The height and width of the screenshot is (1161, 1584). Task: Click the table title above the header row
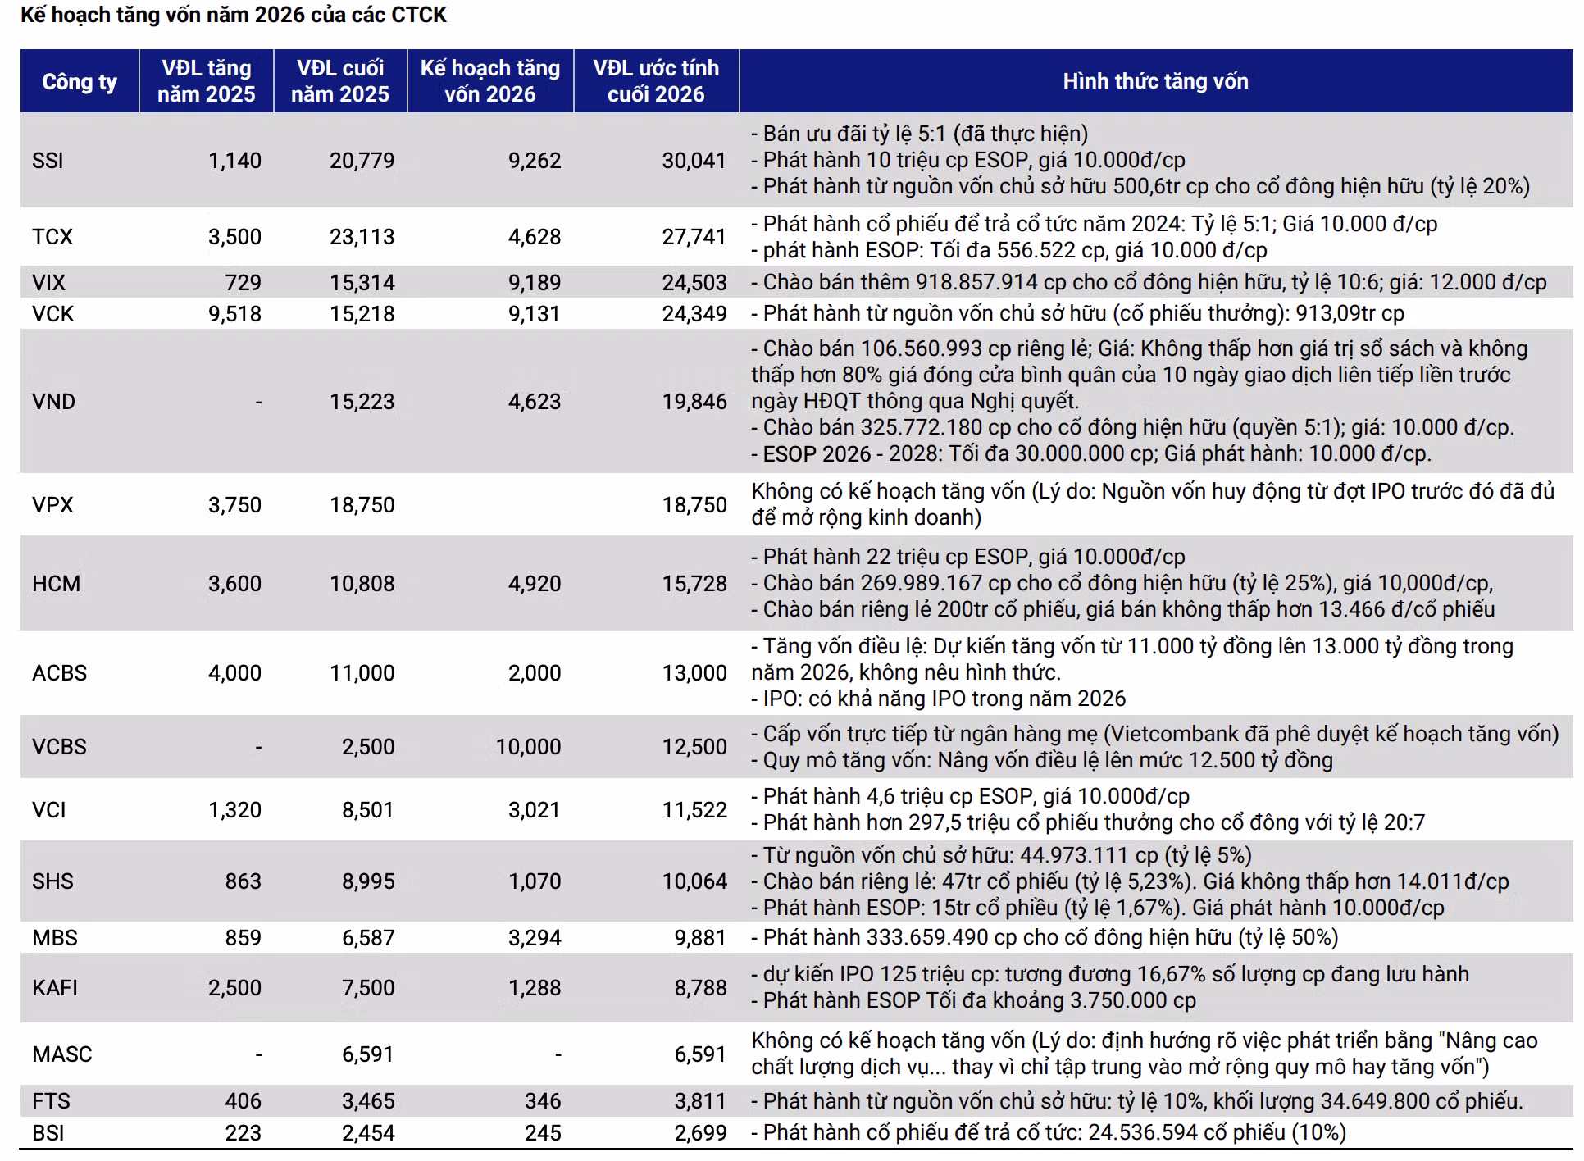click(x=234, y=15)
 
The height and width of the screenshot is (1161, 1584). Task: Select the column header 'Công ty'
click(x=80, y=82)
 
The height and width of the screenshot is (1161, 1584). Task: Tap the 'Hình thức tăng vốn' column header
click(x=1155, y=81)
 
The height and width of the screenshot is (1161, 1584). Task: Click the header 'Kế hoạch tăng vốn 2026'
click(x=490, y=81)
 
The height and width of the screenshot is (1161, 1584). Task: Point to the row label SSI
click(x=48, y=160)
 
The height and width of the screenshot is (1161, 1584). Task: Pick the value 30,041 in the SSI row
click(x=694, y=160)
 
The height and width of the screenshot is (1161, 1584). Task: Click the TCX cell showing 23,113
click(x=362, y=237)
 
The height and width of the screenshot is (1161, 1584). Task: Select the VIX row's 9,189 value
click(x=535, y=283)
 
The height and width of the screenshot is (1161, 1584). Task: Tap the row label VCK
click(x=52, y=314)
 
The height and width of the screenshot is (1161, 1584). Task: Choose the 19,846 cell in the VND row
click(x=694, y=402)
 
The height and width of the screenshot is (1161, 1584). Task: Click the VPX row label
click(x=52, y=505)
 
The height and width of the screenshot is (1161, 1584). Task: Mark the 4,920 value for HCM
click(x=535, y=584)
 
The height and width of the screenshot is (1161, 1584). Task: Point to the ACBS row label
click(x=59, y=673)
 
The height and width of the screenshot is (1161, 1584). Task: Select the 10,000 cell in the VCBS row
click(x=528, y=747)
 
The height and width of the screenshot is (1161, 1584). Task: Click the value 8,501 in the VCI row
click(x=368, y=810)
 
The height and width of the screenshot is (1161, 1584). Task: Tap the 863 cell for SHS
click(x=244, y=881)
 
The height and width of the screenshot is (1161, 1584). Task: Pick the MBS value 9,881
click(x=700, y=938)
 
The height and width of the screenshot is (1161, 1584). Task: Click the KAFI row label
click(x=55, y=988)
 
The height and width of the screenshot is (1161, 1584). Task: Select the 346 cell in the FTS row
click(x=543, y=1101)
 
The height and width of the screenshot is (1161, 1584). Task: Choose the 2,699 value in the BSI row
click(x=700, y=1133)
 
